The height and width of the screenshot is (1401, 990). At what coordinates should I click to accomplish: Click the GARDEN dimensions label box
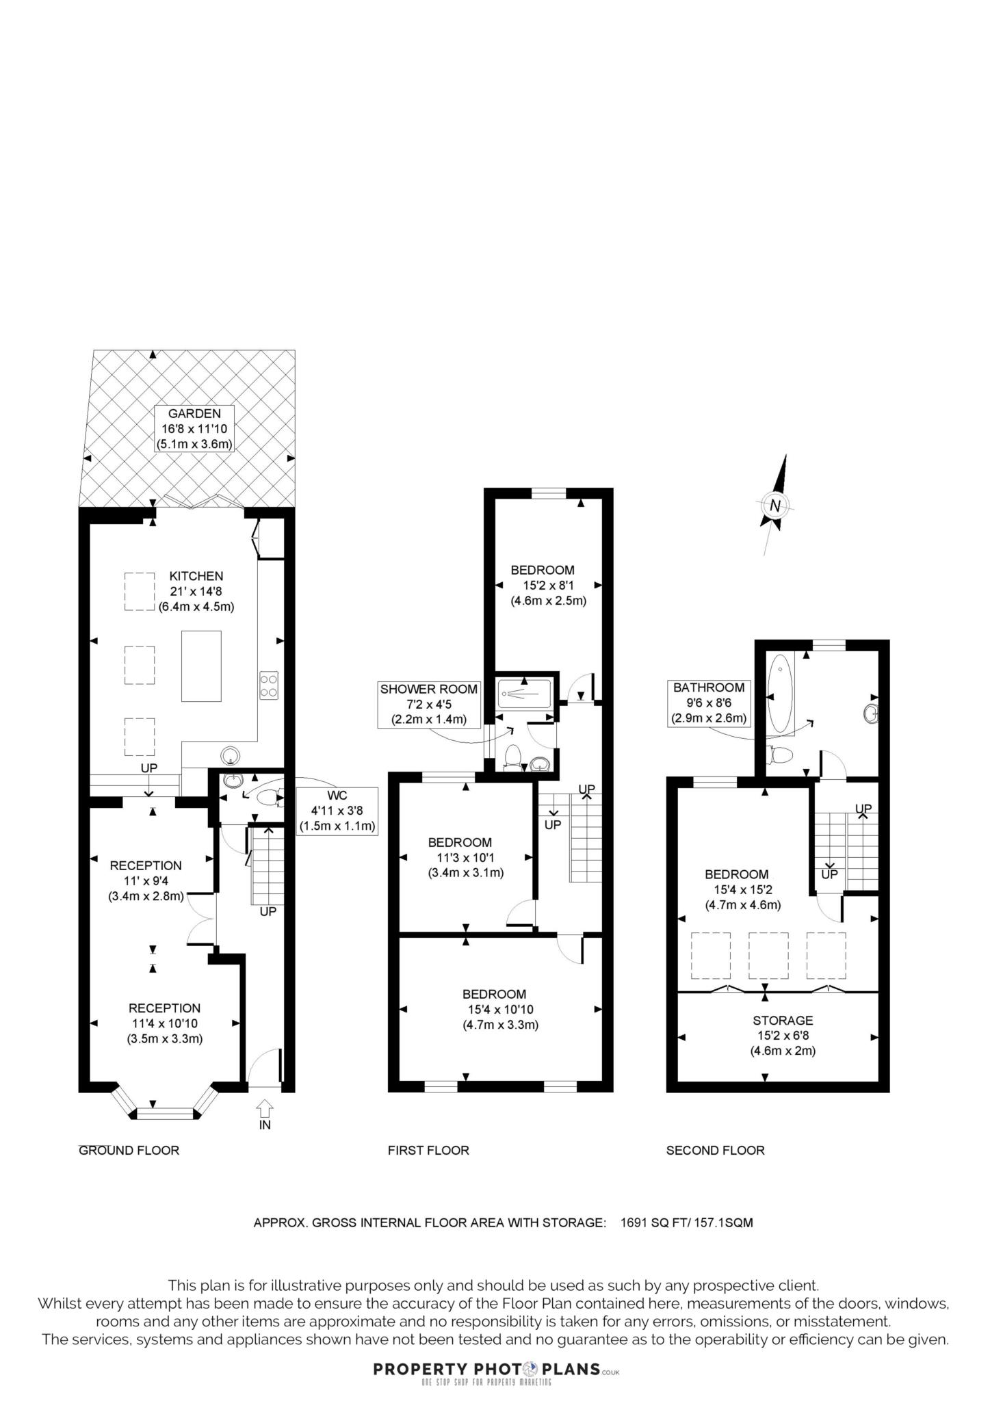click(x=194, y=428)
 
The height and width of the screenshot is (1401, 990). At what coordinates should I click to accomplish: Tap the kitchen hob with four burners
click(x=268, y=685)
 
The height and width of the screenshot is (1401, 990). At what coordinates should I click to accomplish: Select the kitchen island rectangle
click(x=201, y=666)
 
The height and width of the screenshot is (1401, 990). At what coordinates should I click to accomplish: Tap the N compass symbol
click(x=774, y=506)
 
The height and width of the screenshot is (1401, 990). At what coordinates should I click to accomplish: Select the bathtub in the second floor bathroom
click(x=781, y=694)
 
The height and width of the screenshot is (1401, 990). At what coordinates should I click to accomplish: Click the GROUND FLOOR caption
click(x=129, y=1151)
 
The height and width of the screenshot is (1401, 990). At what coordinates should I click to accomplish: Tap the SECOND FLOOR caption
click(x=715, y=1151)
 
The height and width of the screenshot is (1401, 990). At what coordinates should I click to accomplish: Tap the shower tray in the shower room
click(x=524, y=694)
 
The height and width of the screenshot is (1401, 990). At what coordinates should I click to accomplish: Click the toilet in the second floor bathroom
click(x=781, y=755)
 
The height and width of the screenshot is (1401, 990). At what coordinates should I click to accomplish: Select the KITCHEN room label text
click(x=196, y=576)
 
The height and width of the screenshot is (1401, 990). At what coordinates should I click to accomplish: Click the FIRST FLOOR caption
click(x=428, y=1151)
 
